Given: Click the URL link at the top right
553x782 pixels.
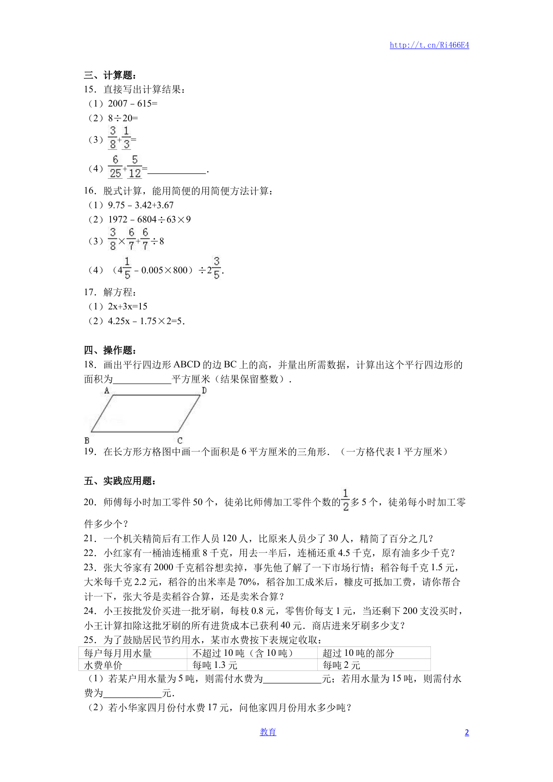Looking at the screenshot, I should click(429, 45).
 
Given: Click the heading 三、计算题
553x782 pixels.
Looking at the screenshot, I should click(110, 75).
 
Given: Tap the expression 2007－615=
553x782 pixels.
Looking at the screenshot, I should click(132, 103).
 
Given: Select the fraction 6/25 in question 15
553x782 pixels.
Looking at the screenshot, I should click(115, 167).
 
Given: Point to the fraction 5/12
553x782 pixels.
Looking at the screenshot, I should click(135, 167).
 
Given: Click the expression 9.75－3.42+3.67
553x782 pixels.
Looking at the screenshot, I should click(140, 205).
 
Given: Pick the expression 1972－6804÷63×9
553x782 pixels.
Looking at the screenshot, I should click(149, 219).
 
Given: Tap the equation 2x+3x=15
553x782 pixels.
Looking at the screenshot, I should click(127, 306).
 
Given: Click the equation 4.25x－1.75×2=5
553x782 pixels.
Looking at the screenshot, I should click(146, 321).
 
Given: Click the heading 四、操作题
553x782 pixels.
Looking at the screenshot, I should click(110, 350).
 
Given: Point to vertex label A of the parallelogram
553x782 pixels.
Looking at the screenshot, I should click(107, 391).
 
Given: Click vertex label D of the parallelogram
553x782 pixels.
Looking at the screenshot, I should click(204, 391).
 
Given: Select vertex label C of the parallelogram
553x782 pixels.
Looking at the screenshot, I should click(180, 440).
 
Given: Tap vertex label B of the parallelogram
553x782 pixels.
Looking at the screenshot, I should click(87, 440).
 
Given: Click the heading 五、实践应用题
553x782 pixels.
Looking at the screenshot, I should click(120, 481).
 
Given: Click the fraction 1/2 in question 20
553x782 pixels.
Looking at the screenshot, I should click(345, 500).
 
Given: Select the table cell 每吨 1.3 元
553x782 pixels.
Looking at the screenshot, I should click(215, 665).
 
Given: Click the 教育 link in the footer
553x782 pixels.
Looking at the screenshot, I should click(268, 732).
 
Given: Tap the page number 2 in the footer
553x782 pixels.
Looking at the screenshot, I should click(467, 733).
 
